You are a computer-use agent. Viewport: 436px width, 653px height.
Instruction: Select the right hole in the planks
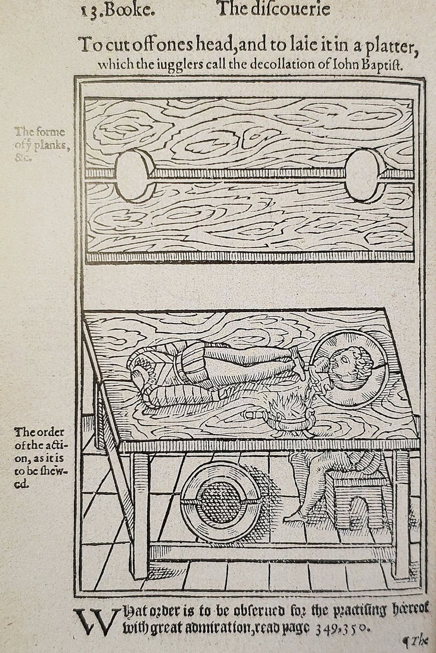365,174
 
